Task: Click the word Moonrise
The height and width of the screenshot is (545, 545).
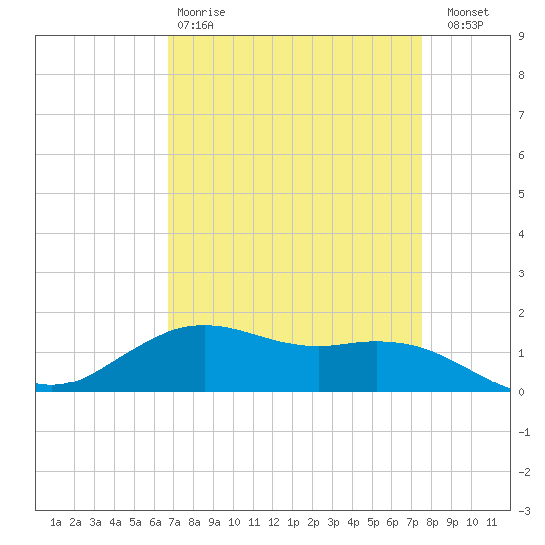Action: [x=201, y=12]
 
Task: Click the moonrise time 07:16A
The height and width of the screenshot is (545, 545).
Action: [x=195, y=25]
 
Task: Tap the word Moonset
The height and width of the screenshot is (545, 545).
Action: [x=468, y=12]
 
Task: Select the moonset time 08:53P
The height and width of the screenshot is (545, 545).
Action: [x=465, y=25]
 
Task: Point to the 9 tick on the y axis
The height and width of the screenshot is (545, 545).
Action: [x=521, y=36]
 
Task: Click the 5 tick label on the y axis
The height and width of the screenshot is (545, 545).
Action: [x=521, y=194]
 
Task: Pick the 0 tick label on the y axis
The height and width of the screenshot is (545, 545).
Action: [x=521, y=392]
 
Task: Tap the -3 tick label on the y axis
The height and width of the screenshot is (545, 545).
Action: [x=524, y=511]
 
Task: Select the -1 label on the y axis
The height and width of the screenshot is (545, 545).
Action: [x=524, y=432]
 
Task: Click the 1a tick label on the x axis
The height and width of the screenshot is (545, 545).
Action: [x=55, y=522]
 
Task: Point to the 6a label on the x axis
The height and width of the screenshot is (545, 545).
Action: [x=155, y=522]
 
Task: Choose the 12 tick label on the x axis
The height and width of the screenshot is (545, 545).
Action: [x=273, y=522]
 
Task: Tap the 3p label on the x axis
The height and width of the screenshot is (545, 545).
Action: [x=333, y=522]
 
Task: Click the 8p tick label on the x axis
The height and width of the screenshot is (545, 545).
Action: [x=432, y=522]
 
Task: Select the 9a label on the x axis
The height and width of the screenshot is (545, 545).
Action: [x=214, y=522]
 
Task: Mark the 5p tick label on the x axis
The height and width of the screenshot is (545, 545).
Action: [x=373, y=522]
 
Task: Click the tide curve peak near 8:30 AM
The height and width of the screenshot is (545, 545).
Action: [x=204, y=325]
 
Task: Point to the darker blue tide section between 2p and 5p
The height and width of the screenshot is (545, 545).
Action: [x=348, y=369]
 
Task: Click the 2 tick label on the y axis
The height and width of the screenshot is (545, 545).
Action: [x=521, y=313]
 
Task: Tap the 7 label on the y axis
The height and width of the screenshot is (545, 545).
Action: [x=521, y=115]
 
